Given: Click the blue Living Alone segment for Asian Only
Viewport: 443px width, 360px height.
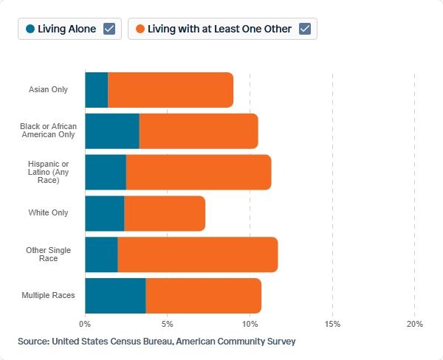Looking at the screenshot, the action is [97, 90].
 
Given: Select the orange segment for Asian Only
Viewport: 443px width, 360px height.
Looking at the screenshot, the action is [171, 90].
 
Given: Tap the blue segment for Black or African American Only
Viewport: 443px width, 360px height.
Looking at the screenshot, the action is [112, 131].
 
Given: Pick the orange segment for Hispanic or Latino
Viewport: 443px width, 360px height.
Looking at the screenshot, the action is [199, 172].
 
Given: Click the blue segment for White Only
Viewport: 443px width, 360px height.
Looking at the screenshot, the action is [105, 213].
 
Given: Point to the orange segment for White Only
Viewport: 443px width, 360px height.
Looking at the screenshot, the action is [165, 213].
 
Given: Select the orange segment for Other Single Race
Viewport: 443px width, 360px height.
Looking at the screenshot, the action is [198, 255].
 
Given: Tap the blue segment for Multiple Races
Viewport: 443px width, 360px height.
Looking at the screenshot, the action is [116, 296].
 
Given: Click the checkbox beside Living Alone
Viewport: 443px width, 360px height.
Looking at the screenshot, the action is [109, 29].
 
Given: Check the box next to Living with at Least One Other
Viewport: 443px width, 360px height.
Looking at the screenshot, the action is [305, 29].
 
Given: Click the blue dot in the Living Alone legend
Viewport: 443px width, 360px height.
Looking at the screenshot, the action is [30, 29].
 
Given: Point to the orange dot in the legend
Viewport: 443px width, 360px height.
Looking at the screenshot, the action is [140, 29].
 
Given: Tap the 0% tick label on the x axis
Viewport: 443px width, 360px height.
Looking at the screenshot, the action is [85, 324].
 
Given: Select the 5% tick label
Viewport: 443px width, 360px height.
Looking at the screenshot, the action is [168, 324].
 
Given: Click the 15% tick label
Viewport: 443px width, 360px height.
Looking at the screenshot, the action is [332, 324].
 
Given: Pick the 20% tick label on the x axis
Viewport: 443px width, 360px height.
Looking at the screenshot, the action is [414, 324].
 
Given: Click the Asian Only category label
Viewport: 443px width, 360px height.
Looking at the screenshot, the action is [48, 89].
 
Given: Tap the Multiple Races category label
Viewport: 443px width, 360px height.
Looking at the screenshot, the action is [48, 295].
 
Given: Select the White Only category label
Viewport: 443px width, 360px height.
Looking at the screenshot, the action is [48, 212].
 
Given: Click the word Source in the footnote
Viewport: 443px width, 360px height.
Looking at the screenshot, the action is [34, 342].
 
